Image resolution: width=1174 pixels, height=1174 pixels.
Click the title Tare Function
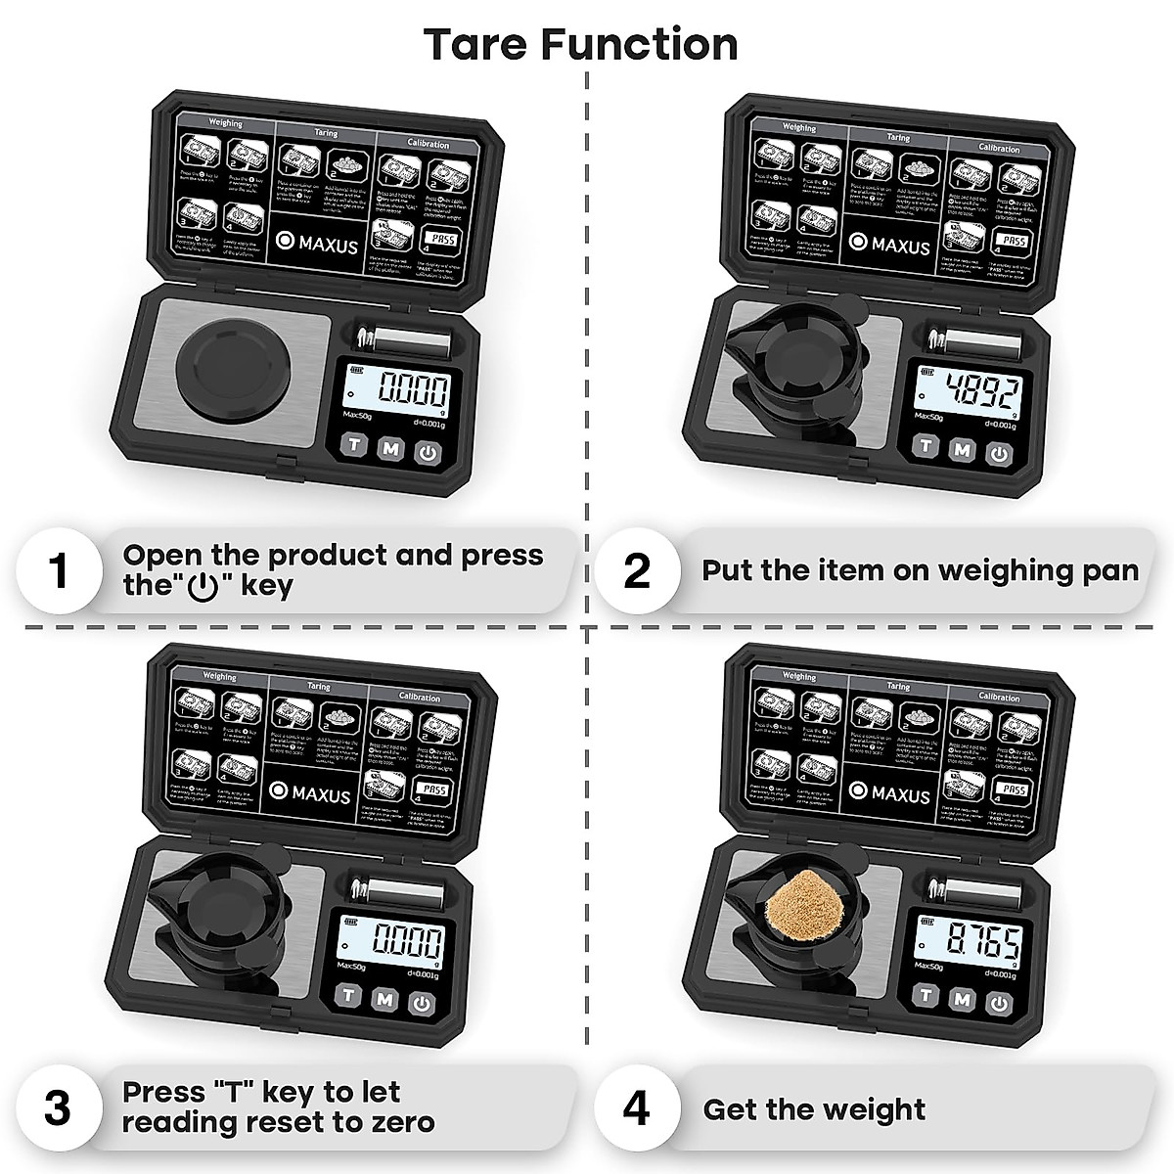[581, 45]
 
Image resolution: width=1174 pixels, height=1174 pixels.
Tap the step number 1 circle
[59, 570]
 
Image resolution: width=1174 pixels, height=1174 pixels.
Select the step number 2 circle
[636, 570]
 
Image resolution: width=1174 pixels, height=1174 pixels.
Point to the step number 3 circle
[59, 1109]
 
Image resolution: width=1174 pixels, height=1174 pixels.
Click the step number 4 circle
[636, 1109]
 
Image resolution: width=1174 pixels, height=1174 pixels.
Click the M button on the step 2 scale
[963, 449]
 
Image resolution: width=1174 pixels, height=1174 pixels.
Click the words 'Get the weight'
[814, 1109]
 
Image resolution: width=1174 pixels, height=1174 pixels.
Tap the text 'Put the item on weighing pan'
[920, 570]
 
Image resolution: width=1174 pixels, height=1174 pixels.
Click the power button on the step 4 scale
[997, 1000]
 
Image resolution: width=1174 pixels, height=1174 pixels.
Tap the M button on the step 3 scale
[384, 999]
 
